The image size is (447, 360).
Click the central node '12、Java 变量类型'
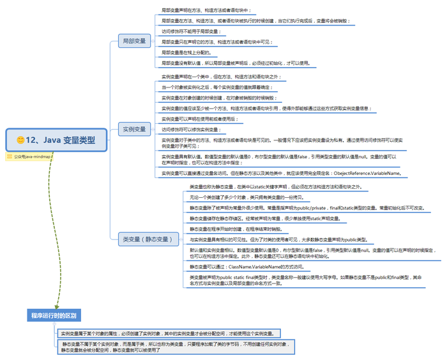click(x=57, y=139)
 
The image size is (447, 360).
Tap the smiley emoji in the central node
click(x=20, y=139)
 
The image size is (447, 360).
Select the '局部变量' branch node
click(x=134, y=41)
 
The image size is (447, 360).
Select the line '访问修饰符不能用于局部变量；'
click(x=195, y=31)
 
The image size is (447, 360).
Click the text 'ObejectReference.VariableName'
click(x=365, y=173)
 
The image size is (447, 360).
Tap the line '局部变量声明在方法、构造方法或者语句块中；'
click(x=207, y=10)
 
